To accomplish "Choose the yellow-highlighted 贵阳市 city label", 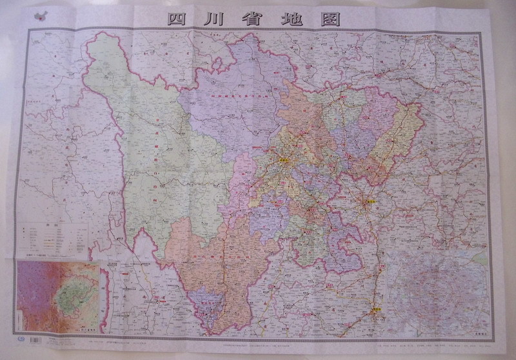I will (x=375, y=311).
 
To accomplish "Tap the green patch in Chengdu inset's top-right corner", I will (x=479, y=258).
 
